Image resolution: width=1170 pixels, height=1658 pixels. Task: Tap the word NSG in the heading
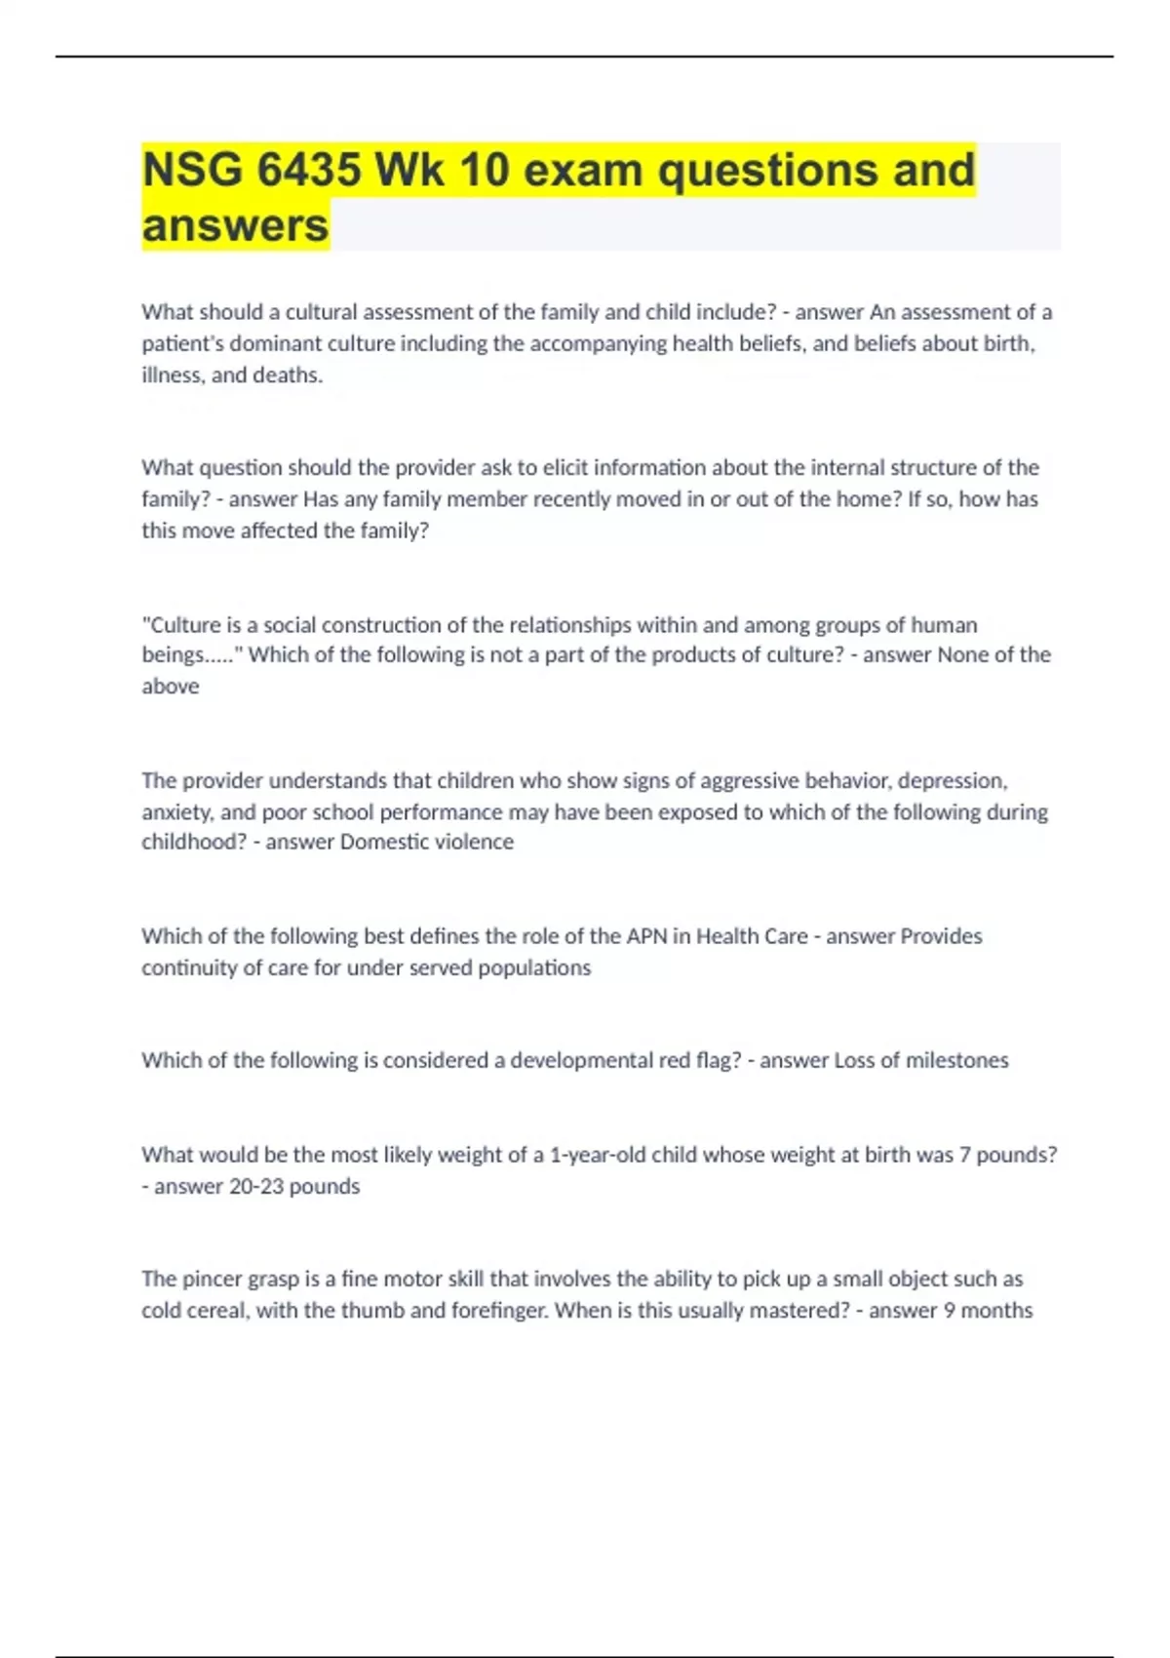(192, 170)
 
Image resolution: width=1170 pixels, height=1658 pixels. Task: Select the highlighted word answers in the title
(235, 225)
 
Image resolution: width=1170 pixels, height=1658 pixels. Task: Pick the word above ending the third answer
(171, 687)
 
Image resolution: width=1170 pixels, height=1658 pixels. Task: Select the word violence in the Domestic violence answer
(467, 842)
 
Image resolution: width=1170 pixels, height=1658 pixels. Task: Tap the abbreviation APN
(646, 936)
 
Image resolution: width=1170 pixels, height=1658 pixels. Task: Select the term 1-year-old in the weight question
(598, 1155)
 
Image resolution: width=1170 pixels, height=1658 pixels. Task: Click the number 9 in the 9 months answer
(950, 1310)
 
